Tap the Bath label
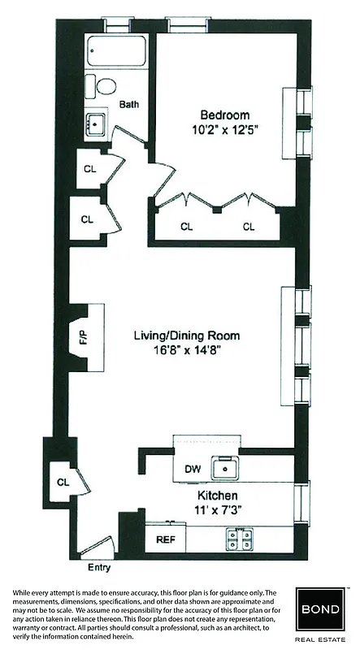click(x=129, y=104)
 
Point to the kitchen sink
click(x=223, y=468)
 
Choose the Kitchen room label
click(x=217, y=495)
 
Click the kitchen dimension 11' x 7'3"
click(x=217, y=509)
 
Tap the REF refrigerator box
click(x=164, y=538)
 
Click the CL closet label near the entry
click(x=63, y=482)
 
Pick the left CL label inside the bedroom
click(x=186, y=227)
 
